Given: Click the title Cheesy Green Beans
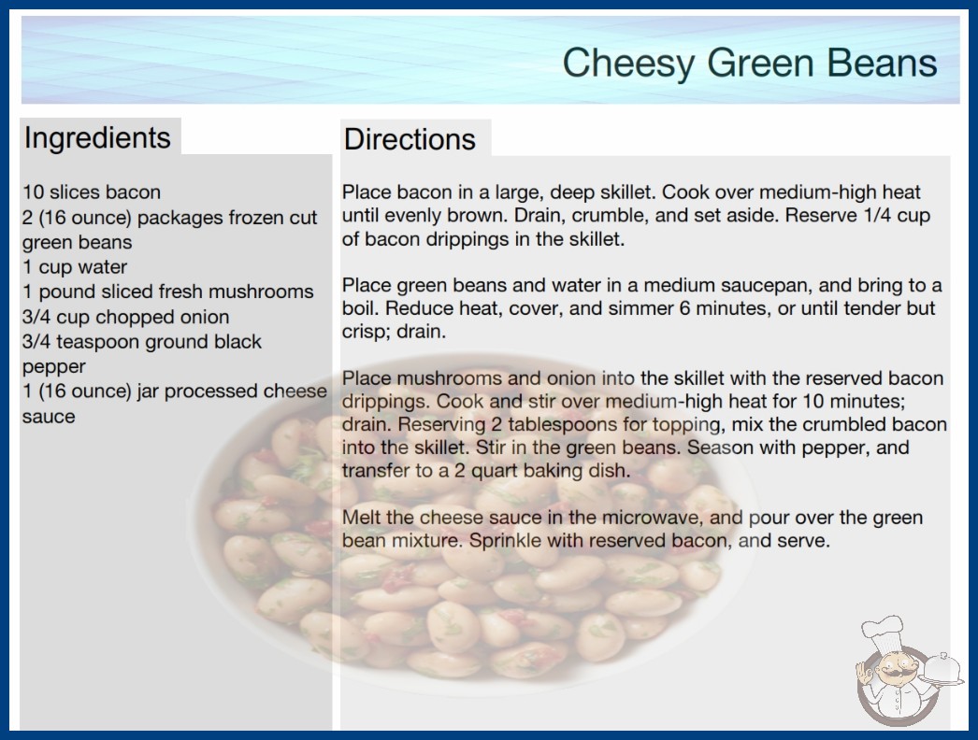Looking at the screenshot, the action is tap(750, 64).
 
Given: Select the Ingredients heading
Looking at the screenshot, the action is tap(97, 138).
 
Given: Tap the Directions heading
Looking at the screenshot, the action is tap(410, 139).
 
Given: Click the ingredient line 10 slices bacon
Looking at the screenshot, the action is tap(92, 192).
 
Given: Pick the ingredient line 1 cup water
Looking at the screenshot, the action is tap(75, 267).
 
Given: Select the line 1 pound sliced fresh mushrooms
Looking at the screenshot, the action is tap(167, 292).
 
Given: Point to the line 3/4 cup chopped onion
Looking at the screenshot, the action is tap(126, 317).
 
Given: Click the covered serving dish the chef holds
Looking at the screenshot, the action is tap(942, 669).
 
